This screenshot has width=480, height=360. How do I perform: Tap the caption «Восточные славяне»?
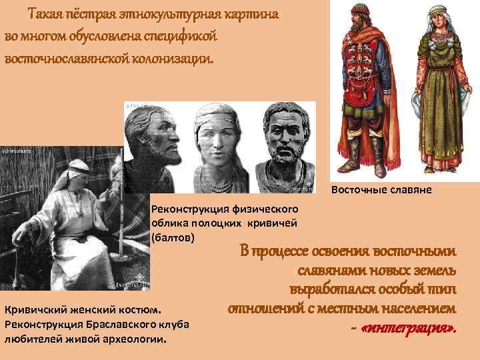(381, 190)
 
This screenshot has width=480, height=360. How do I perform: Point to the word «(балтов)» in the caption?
(173, 237)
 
